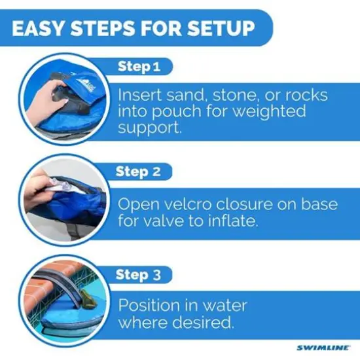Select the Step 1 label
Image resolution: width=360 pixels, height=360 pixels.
tap(139, 66)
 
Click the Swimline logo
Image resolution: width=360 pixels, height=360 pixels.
tap(322, 347)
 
